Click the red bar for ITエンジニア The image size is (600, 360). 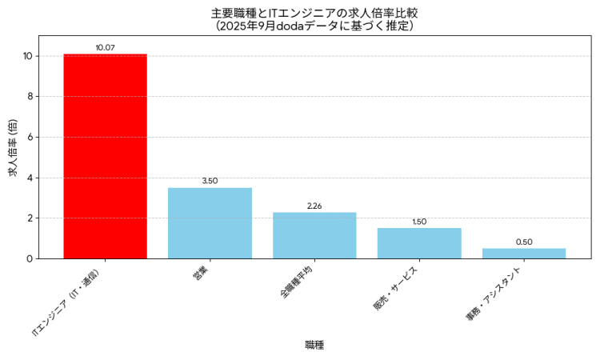pyautogui.click(x=105, y=156)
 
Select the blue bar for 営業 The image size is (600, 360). pyautogui.click(x=210, y=223)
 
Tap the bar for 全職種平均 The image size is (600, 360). pyautogui.click(x=314, y=235)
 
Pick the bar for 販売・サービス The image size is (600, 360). pyautogui.click(x=419, y=243)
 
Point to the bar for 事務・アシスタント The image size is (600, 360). pyautogui.click(x=524, y=254)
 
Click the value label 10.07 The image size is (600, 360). pyautogui.click(x=105, y=48)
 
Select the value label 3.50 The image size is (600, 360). pyautogui.click(x=210, y=181)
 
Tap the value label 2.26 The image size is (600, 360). pyautogui.click(x=314, y=206)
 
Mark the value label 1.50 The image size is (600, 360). pyautogui.click(x=419, y=222)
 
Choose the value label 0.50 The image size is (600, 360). pyautogui.click(x=524, y=242)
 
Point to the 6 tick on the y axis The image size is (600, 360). pyautogui.click(x=30, y=137)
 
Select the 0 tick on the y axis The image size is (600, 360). pyautogui.click(x=30, y=258)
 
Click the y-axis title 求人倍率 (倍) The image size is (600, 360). pyautogui.click(x=12, y=148)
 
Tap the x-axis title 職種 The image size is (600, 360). pyautogui.click(x=314, y=345)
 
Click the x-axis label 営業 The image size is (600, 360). pyautogui.click(x=202, y=272)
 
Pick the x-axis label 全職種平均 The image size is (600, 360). pyautogui.click(x=298, y=282)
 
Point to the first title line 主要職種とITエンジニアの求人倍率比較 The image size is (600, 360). pyautogui.click(x=314, y=13)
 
